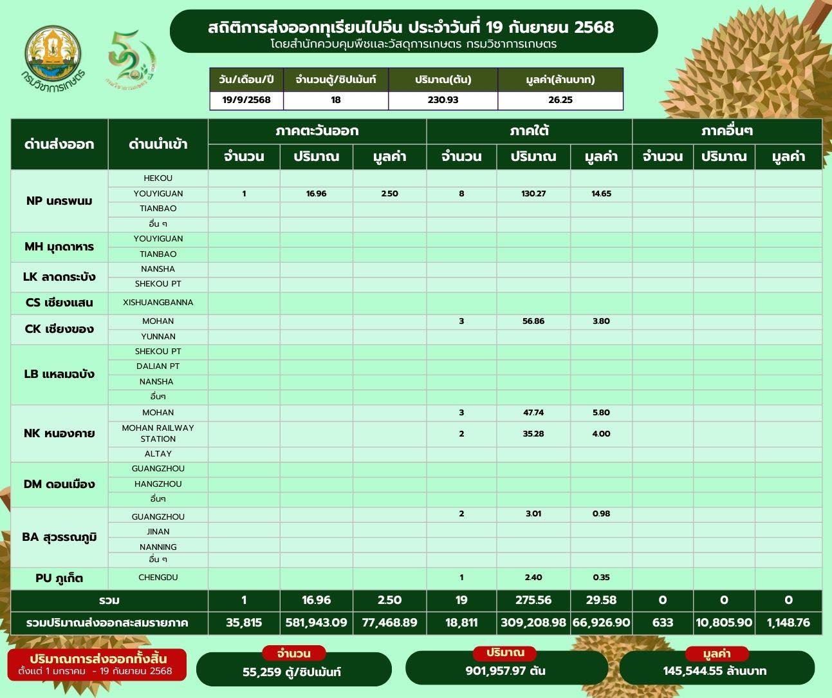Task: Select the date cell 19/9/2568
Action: [x=246, y=100]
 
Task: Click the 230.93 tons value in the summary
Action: [x=443, y=100]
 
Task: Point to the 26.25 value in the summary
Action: [x=560, y=100]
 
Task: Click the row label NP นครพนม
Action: [x=59, y=201]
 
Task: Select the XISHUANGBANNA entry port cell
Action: [x=158, y=302]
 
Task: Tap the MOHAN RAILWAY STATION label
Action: [x=158, y=433]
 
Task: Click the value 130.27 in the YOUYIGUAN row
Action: [x=533, y=193]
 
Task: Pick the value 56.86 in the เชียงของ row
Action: [x=533, y=321]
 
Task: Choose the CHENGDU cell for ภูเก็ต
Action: [x=158, y=578]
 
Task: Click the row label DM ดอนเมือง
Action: [x=59, y=484]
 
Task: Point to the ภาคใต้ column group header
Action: [x=529, y=131]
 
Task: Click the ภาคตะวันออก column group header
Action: [x=317, y=131]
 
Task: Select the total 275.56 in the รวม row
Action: [x=533, y=600]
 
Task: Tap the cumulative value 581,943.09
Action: [x=316, y=623]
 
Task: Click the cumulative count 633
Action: [x=662, y=623]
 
